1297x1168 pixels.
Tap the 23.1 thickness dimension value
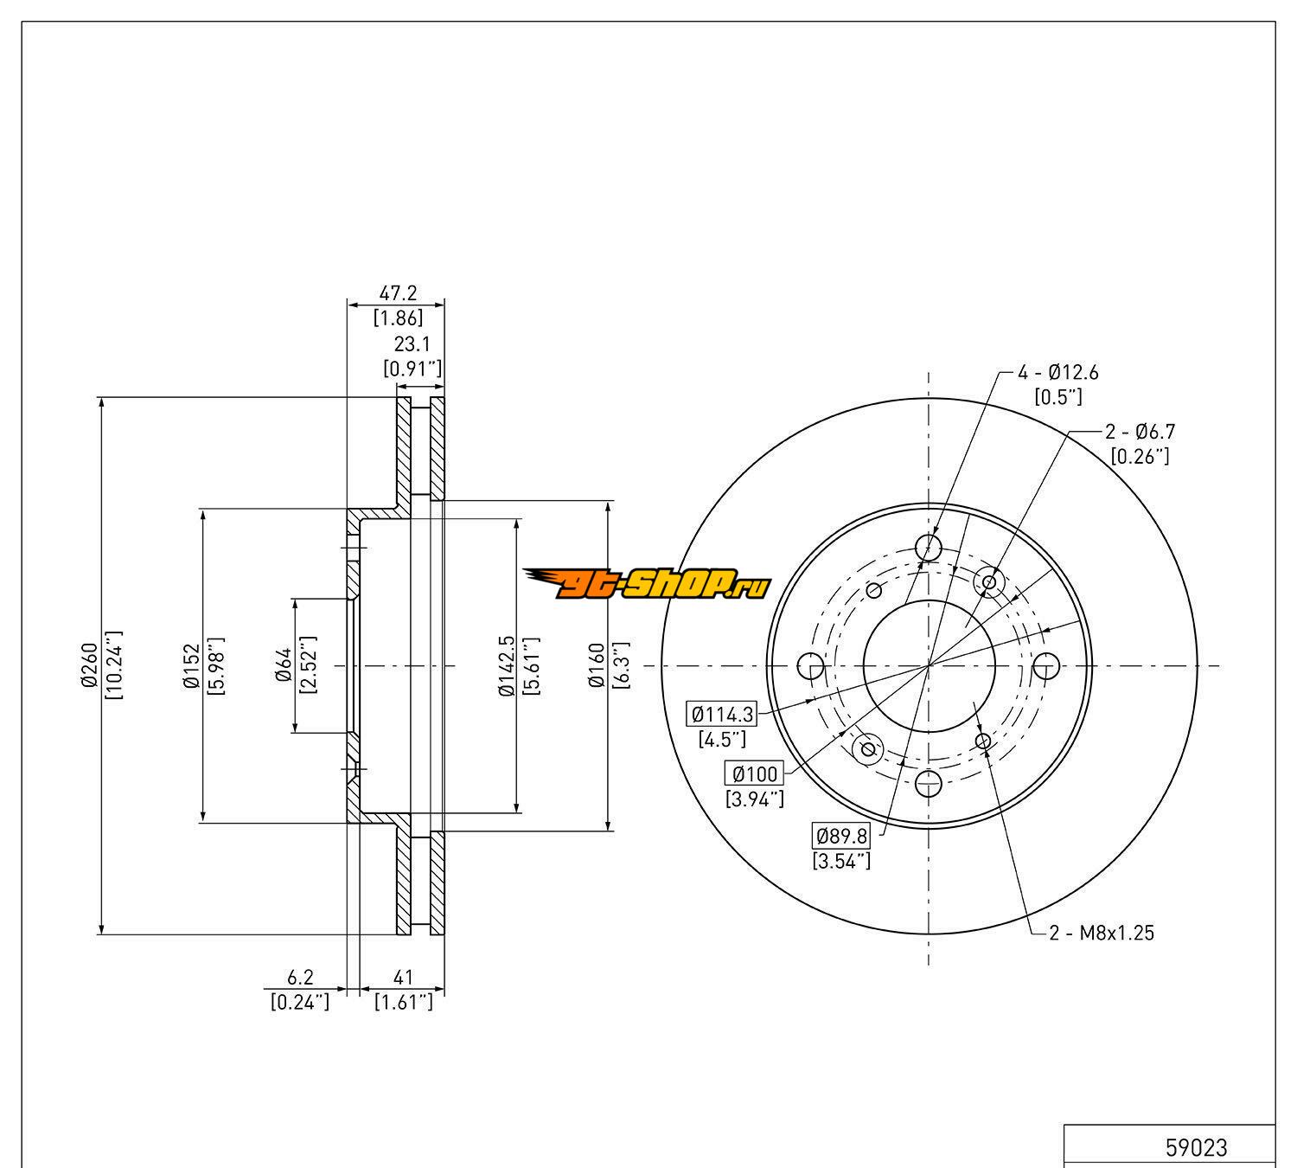pyautogui.click(x=412, y=343)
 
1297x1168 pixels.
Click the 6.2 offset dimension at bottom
pyautogui.click(x=300, y=978)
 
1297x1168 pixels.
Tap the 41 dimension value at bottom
pyautogui.click(x=403, y=978)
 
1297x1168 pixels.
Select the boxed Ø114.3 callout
pyautogui.click(x=723, y=715)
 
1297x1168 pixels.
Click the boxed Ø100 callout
pyautogui.click(x=755, y=773)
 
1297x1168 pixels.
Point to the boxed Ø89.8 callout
pyautogui.click(x=841, y=836)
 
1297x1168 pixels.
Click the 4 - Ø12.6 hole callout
pyautogui.click(x=1057, y=373)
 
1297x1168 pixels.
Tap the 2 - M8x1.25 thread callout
pyautogui.click(x=1102, y=933)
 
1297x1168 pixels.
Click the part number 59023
pyautogui.click(x=1196, y=1147)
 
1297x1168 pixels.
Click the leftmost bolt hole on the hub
pyautogui.click(x=810, y=666)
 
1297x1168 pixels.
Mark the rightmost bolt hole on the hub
pyautogui.click(x=1046, y=666)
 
